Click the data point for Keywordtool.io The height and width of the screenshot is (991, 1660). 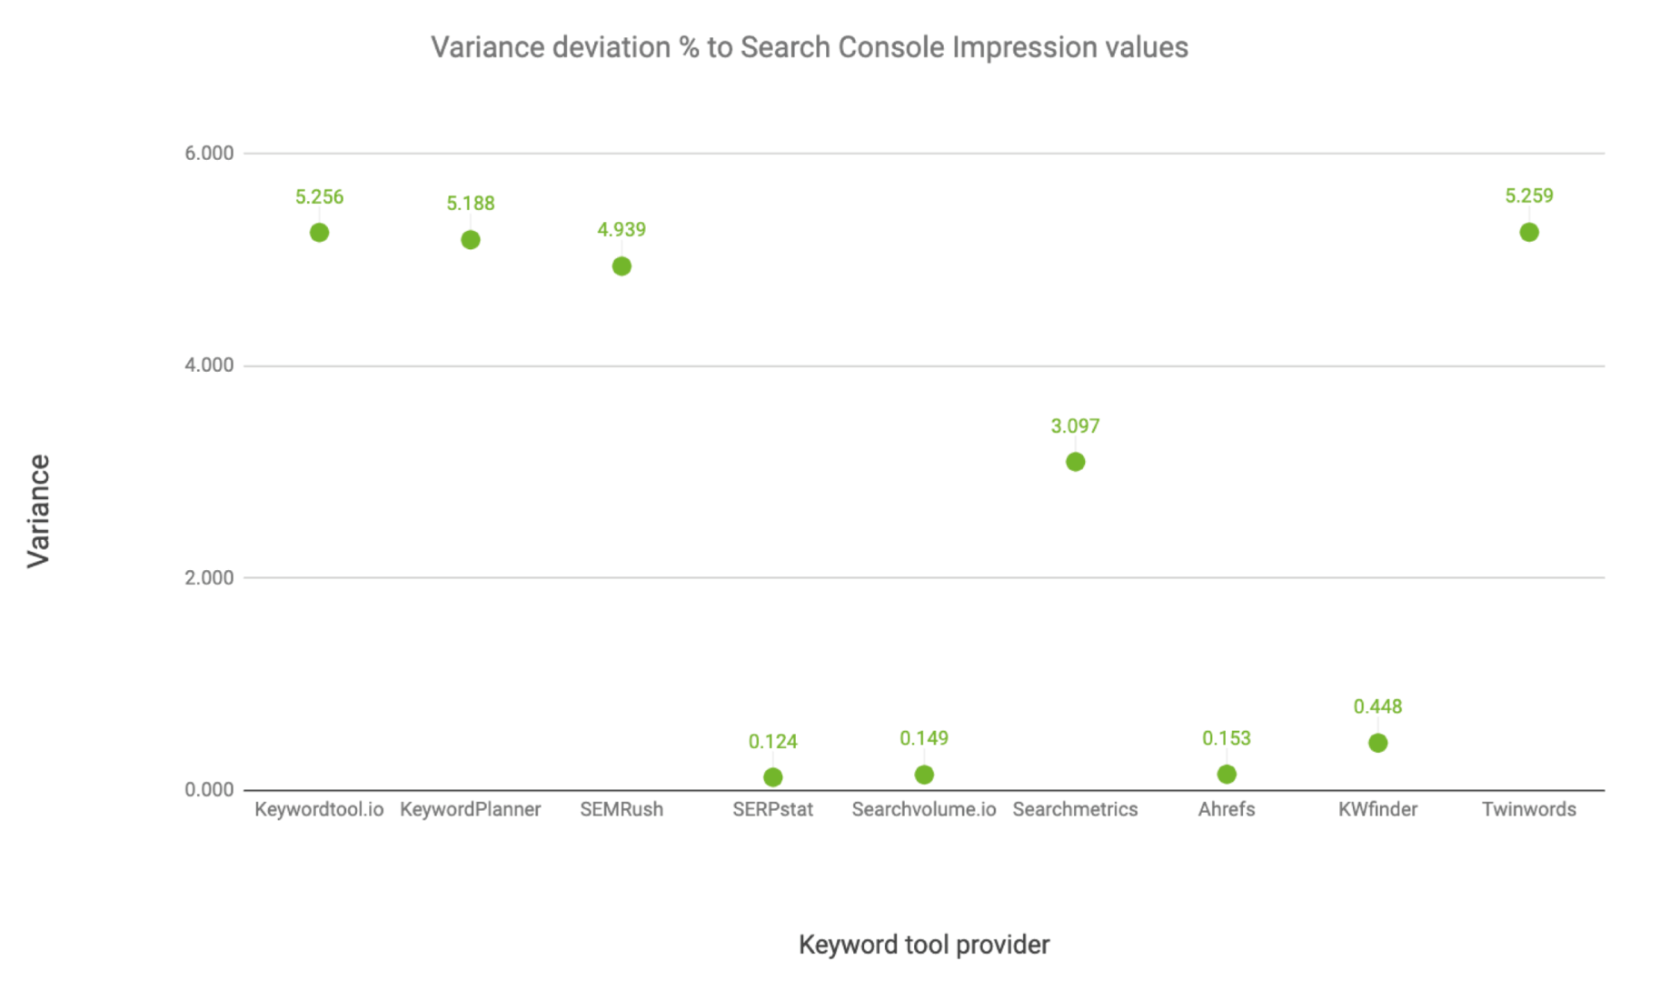(x=319, y=233)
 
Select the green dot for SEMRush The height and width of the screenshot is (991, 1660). (x=621, y=266)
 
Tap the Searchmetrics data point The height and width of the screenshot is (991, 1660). (x=1075, y=462)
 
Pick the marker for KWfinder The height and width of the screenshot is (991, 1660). (x=1377, y=743)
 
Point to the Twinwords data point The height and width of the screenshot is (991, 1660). (x=1529, y=233)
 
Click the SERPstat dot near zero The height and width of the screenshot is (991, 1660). (x=772, y=777)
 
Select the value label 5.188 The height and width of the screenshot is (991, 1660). (x=471, y=204)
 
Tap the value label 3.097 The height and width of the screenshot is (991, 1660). (x=1075, y=426)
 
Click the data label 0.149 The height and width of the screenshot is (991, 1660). (x=924, y=738)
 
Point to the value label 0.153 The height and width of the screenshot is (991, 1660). (x=1227, y=738)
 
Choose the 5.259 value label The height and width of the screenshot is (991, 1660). (x=1529, y=196)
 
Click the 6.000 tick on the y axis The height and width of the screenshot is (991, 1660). (x=209, y=154)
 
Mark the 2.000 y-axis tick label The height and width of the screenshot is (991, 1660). (x=209, y=578)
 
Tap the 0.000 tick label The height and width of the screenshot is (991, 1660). (x=209, y=790)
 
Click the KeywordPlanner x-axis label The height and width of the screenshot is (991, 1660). (x=471, y=809)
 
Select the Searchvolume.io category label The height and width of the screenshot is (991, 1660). (x=924, y=809)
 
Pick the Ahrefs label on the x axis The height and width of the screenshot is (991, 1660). (x=1227, y=809)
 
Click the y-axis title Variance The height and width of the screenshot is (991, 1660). (x=38, y=511)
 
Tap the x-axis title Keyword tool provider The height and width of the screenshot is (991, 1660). (x=924, y=946)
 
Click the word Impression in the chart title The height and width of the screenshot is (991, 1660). (x=1024, y=47)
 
